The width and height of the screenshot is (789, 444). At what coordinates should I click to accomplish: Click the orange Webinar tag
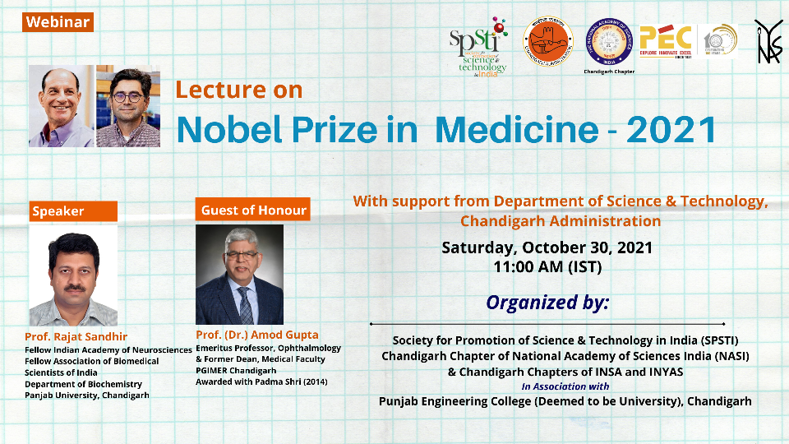coord(58,22)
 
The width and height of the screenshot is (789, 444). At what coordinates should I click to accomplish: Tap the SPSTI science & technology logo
coord(478,47)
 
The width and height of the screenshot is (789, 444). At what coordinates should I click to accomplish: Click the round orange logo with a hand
coord(548,42)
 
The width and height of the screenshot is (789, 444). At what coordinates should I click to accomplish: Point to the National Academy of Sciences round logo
coord(608,42)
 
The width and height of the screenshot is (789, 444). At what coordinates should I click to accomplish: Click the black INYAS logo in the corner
coord(768,40)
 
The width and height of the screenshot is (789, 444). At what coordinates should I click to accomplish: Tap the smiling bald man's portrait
coord(61,107)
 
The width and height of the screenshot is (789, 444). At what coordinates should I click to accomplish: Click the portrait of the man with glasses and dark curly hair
coord(127,107)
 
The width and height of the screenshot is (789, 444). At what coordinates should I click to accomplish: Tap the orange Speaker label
coord(58,211)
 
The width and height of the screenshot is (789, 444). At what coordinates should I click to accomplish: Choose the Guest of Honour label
coord(253,210)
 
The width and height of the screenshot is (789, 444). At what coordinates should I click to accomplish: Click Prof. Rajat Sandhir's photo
coord(73,275)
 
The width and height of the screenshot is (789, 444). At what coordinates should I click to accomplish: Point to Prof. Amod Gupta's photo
coord(239,275)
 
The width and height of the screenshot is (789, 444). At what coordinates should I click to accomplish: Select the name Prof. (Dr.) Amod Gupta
coord(257,335)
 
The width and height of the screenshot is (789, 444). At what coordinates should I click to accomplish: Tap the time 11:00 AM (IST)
coord(547,267)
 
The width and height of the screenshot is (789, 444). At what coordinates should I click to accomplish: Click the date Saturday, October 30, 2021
coord(547,247)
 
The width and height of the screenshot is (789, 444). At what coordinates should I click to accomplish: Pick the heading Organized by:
coord(547,302)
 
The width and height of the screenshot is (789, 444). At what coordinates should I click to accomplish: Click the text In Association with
coord(565,386)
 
